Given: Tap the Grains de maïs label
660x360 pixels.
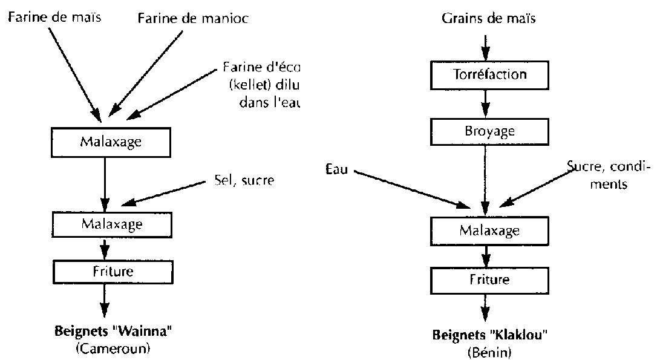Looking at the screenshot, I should [489, 18].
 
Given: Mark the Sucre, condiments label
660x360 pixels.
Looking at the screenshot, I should [599, 174].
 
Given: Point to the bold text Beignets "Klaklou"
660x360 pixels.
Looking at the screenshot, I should [486, 336].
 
